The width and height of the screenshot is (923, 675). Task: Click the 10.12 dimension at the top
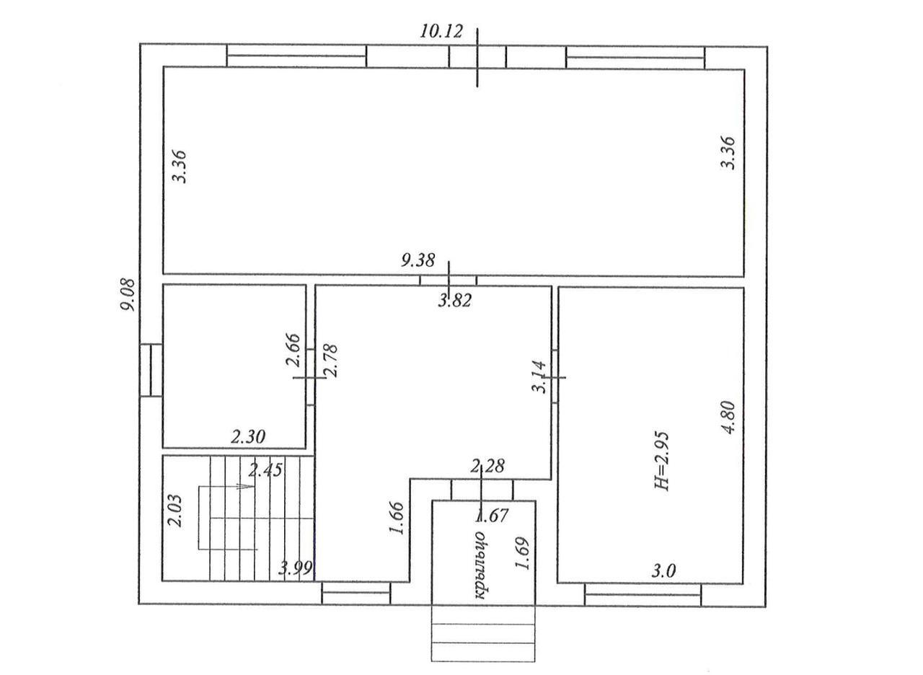pos(441,31)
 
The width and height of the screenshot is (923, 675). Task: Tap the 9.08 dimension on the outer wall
pos(128,295)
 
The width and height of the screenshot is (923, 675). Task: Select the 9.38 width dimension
pos(418,260)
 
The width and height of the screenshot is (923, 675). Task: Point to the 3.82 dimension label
pos(454,301)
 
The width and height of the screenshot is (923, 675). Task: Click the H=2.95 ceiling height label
pos(662,461)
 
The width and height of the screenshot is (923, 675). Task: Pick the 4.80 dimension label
pos(728,417)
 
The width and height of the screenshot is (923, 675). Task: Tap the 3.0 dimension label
pos(663,571)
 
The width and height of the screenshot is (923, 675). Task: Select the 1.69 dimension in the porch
pos(522,553)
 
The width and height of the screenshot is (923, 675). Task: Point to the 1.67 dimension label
pos(492,516)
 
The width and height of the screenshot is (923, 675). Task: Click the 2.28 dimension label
pos(487,466)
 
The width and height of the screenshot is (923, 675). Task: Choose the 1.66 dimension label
pos(397,518)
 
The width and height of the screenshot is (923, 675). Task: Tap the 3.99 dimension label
pos(295,569)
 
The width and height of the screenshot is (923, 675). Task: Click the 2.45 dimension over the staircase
pos(266,469)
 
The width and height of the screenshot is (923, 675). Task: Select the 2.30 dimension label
pos(247,437)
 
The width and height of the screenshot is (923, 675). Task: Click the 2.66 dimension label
pos(293,350)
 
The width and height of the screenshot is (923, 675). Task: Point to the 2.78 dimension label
pos(330,361)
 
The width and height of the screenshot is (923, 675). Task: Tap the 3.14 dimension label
pos(539,377)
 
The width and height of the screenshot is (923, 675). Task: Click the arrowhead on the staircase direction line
pos(247,487)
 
